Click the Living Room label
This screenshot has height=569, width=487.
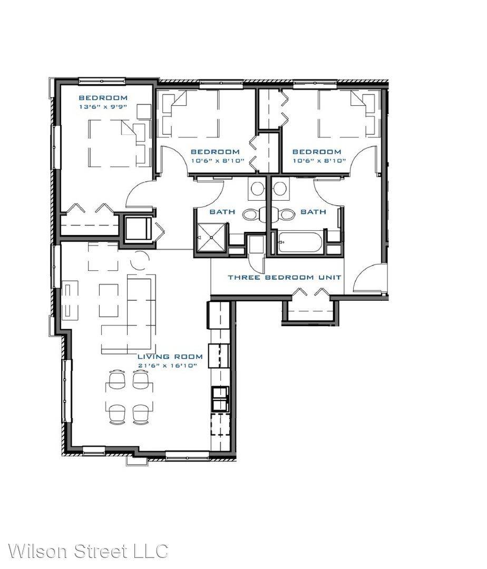pyautogui.click(x=170, y=357)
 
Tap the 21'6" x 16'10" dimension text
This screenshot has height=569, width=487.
pyautogui.click(x=168, y=366)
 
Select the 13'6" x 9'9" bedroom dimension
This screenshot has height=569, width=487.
pyautogui.click(x=103, y=107)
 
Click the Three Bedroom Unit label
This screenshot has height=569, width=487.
pyautogui.click(x=285, y=278)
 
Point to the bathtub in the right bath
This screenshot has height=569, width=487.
pyautogui.click(x=300, y=242)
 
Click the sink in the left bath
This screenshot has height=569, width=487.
pyautogui.click(x=258, y=189)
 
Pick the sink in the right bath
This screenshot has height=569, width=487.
pyautogui.click(x=280, y=189)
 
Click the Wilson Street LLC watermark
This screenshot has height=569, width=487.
pyautogui.click(x=88, y=551)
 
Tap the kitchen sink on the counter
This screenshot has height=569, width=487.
pyautogui.click(x=220, y=399)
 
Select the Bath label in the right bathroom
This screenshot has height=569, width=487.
pyautogui.click(x=313, y=212)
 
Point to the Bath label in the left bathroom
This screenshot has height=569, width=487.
pyautogui.click(x=222, y=212)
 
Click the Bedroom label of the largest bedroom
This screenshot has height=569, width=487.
pyautogui.click(x=103, y=97)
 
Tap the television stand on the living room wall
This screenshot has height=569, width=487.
pyautogui.click(x=70, y=300)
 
